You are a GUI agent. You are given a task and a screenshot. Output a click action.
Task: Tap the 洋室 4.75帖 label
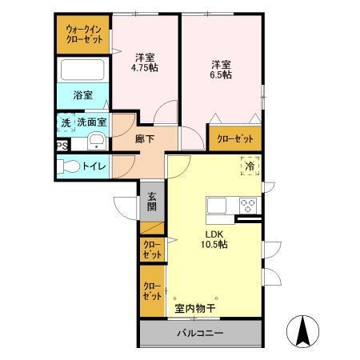[x=145, y=62]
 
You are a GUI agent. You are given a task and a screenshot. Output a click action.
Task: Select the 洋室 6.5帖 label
[x=222, y=69]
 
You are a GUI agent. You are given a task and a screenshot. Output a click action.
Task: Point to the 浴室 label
[x=82, y=95]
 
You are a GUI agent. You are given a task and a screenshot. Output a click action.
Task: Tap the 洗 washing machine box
[x=64, y=123]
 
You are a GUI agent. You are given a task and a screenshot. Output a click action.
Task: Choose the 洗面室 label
[x=92, y=123]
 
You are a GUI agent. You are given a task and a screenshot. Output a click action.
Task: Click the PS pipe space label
[x=62, y=145]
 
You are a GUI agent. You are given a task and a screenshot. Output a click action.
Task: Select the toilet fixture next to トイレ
[x=70, y=167]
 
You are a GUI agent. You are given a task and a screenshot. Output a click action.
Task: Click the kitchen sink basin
[x=218, y=206]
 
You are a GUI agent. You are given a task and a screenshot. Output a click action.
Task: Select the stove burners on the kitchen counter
[x=246, y=203]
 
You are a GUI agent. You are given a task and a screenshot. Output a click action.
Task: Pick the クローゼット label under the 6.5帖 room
[x=235, y=138]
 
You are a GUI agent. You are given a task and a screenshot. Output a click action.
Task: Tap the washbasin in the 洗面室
[x=96, y=142]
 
